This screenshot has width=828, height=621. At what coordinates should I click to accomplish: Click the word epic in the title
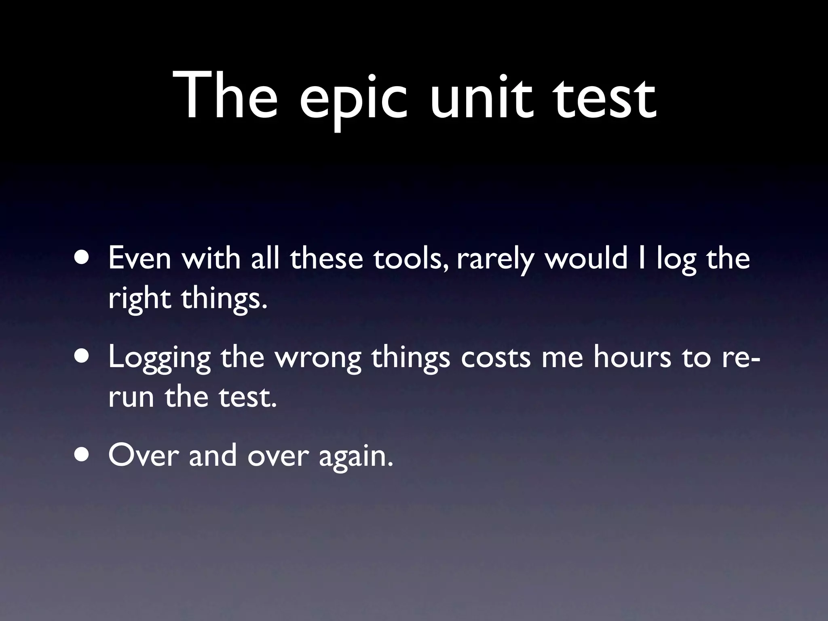[353, 99]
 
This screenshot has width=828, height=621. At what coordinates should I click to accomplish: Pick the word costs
[495, 357]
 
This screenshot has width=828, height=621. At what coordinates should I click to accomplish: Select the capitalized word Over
[144, 455]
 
